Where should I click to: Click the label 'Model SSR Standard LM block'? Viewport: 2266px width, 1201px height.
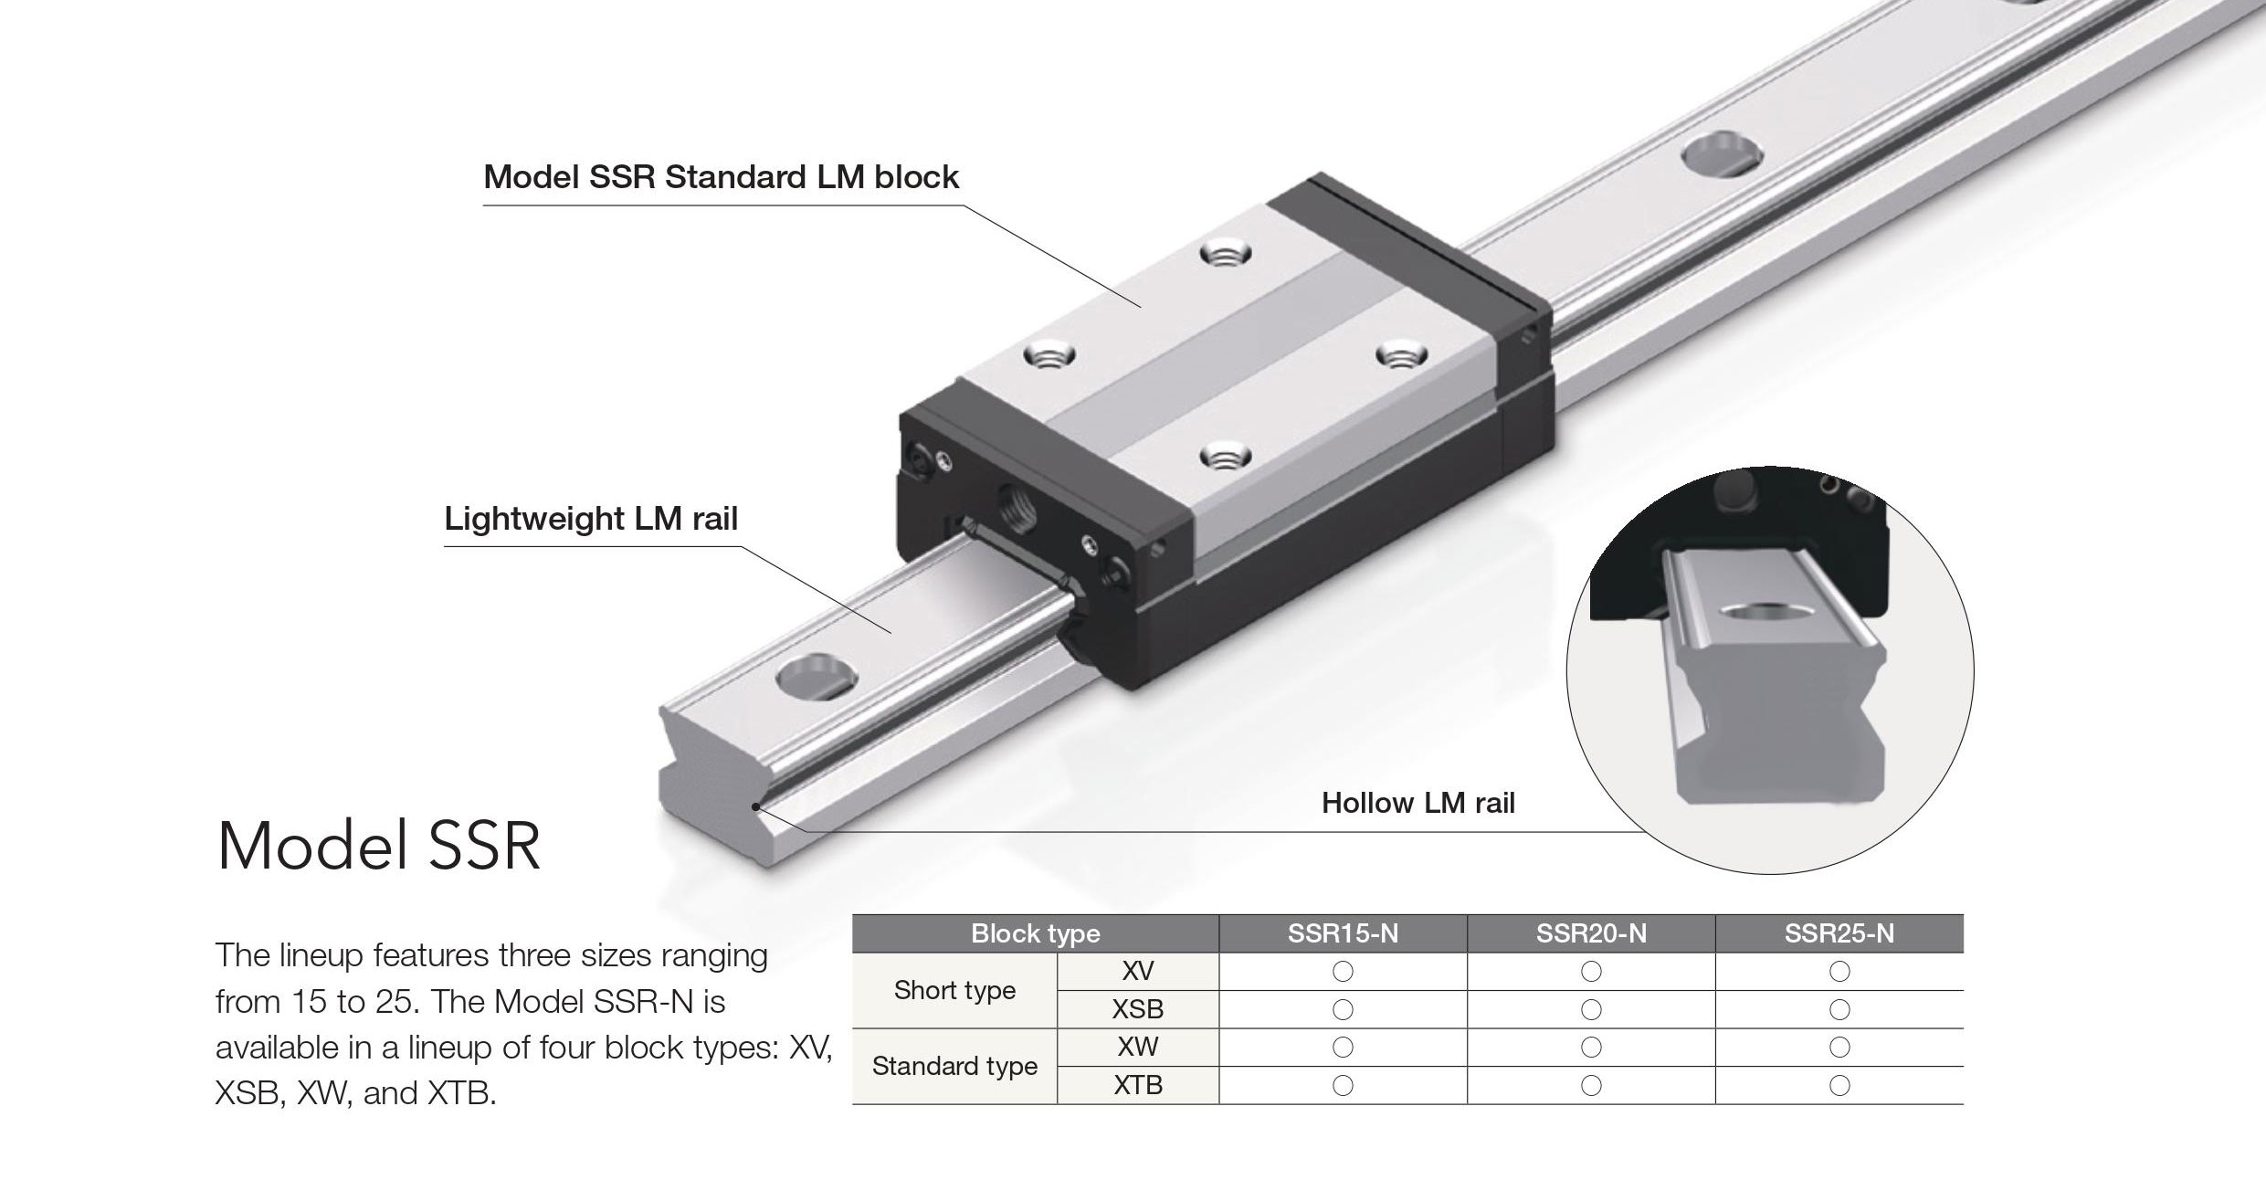point(721,176)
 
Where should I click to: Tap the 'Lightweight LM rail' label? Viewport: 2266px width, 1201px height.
point(591,519)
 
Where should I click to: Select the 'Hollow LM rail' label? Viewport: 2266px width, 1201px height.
point(1418,803)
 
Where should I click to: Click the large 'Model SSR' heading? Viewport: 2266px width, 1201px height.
point(379,847)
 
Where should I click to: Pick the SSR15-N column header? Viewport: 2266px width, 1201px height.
point(1343,933)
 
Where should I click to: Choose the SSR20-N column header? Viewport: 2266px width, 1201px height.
point(1591,933)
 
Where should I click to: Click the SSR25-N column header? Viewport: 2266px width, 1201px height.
point(1839,933)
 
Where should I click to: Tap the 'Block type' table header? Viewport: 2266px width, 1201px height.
point(1036,933)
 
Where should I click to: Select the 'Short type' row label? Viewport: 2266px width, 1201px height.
point(954,990)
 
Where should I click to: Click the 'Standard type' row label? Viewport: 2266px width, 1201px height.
point(954,1066)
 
